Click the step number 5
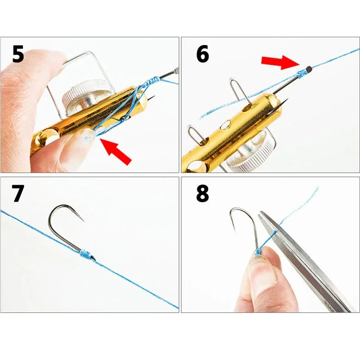pyautogui.click(x=18, y=54)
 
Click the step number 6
pyautogui.click(x=202, y=54)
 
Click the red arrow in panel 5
pyautogui.click(x=116, y=152)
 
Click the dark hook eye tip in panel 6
pyautogui.click(x=309, y=69)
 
